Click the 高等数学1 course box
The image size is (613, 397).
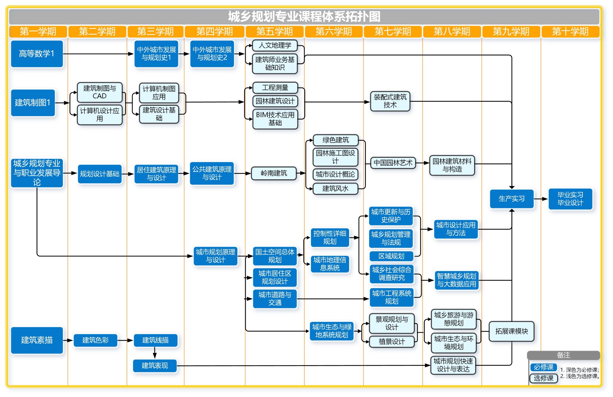tap(37, 54)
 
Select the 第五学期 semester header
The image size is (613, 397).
tap(274, 31)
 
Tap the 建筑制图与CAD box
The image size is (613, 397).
tap(100, 92)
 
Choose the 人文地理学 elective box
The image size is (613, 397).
tap(275, 46)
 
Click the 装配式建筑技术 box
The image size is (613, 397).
tap(390, 101)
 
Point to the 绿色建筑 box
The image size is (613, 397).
tap(336, 140)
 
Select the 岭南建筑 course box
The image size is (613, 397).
tap(274, 173)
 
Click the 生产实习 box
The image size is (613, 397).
tap(512, 199)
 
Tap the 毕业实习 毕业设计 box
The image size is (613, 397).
tap(570, 199)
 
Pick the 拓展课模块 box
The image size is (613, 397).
tap(512, 331)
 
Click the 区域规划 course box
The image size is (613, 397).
tap(391, 256)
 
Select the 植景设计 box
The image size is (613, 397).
tap(392, 342)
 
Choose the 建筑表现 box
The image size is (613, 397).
tap(155, 366)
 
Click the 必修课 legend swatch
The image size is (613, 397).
tap(544, 367)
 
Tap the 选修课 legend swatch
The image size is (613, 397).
tap(544, 378)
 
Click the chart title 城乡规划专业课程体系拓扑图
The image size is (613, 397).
tap(304, 16)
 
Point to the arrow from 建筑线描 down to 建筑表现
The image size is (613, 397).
tap(155, 353)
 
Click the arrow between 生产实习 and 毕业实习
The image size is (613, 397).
tap(541, 199)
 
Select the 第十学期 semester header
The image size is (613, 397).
tap(570, 31)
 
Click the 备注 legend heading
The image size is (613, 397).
tap(563, 355)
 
